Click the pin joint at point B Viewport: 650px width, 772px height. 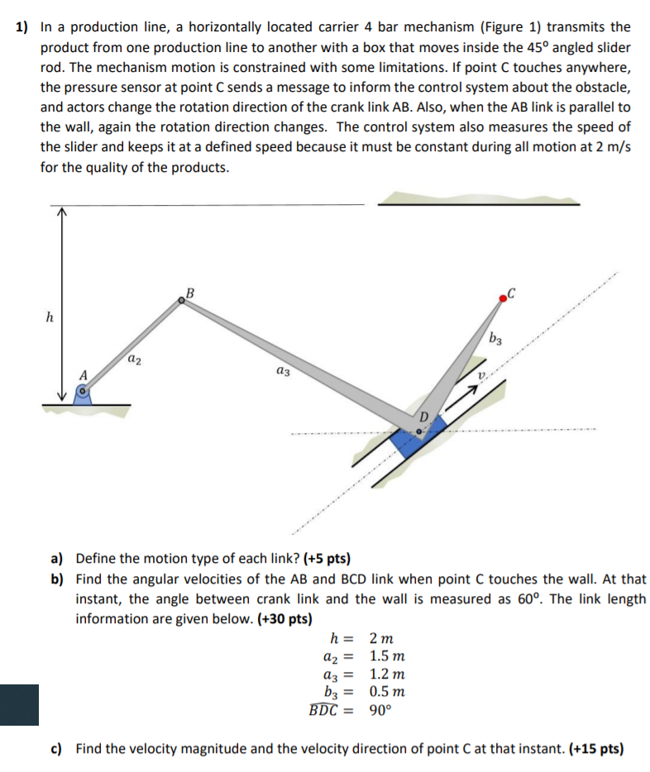click(x=184, y=303)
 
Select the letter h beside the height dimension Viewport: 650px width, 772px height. click(x=48, y=316)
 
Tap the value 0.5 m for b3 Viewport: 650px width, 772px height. click(x=386, y=692)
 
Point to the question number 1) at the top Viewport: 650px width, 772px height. click(x=24, y=27)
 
